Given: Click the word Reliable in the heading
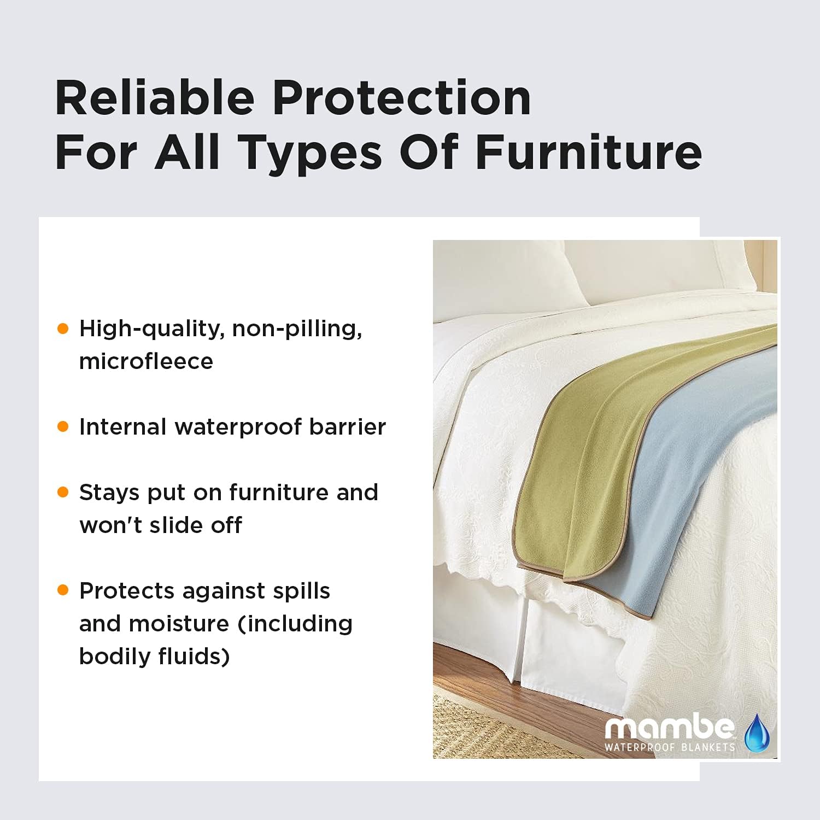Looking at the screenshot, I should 155,98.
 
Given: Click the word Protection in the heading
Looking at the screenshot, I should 402,98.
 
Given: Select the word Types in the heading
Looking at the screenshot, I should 309,153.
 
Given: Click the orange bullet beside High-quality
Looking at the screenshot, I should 63,329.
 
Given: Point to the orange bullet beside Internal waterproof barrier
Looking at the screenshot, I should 63,427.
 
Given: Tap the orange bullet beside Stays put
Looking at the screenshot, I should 63,493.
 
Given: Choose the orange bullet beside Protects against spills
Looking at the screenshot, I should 63,590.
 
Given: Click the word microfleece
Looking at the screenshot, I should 146,361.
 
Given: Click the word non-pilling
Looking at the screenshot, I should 297,329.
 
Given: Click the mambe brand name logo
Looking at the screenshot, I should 669,728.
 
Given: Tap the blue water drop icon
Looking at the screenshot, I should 757,731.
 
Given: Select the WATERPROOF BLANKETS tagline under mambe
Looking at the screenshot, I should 670,747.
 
